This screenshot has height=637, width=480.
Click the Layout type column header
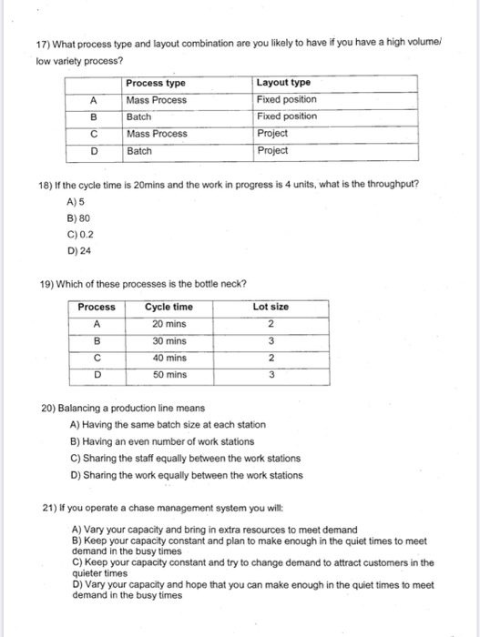click(284, 83)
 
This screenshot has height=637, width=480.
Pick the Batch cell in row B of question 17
click(139, 116)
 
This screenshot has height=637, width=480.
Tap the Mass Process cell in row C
click(157, 134)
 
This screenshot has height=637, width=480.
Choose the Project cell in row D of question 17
click(272, 150)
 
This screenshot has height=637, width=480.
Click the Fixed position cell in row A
click(287, 100)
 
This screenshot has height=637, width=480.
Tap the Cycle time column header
click(169, 307)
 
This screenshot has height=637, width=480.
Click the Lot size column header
click(271, 307)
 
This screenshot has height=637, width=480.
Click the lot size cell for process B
click(271, 341)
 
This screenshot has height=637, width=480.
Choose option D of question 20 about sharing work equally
click(186, 474)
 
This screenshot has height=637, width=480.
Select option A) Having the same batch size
click(168, 425)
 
